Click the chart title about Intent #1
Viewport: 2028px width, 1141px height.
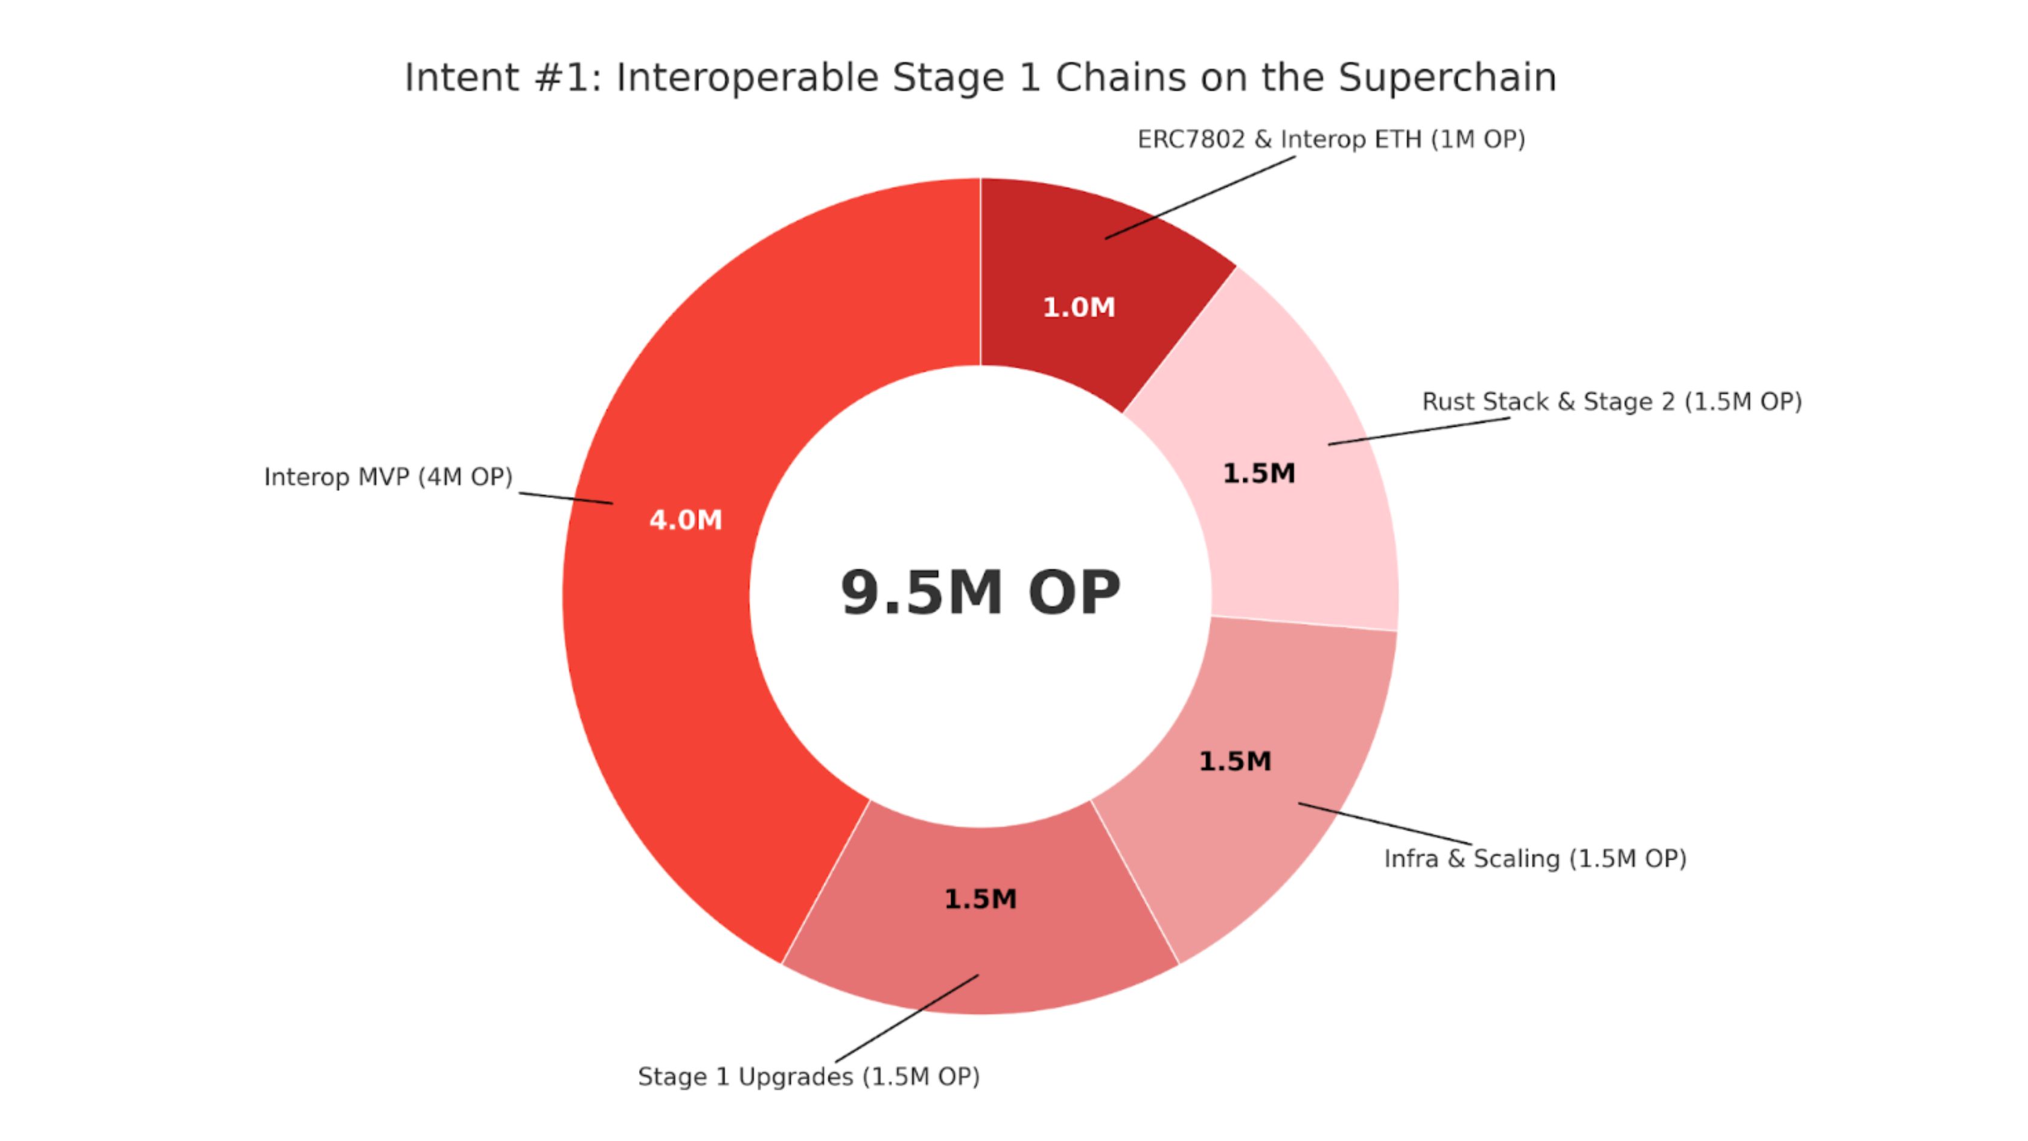[980, 78]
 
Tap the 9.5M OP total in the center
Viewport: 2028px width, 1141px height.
[980, 593]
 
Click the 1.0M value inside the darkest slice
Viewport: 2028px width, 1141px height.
[1079, 307]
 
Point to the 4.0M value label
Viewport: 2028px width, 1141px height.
[686, 520]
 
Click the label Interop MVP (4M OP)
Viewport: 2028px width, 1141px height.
[388, 477]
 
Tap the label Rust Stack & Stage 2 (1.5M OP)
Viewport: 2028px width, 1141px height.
[1612, 401]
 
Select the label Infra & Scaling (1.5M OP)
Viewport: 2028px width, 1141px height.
[1535, 858]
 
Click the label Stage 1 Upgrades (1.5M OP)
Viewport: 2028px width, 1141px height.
[809, 1076]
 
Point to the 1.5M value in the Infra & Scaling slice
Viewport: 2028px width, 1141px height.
[1234, 761]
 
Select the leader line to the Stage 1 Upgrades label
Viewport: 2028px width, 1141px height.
[907, 1019]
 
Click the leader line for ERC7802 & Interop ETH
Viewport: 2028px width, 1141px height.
[1200, 197]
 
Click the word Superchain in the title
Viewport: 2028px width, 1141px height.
[1447, 78]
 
